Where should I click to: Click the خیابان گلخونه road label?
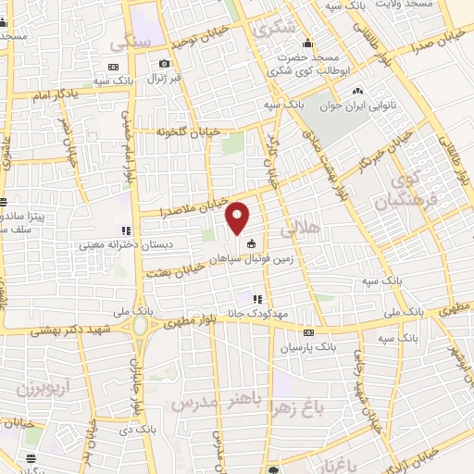[x=191, y=132]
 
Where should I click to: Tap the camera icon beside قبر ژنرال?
[x=164, y=63]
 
